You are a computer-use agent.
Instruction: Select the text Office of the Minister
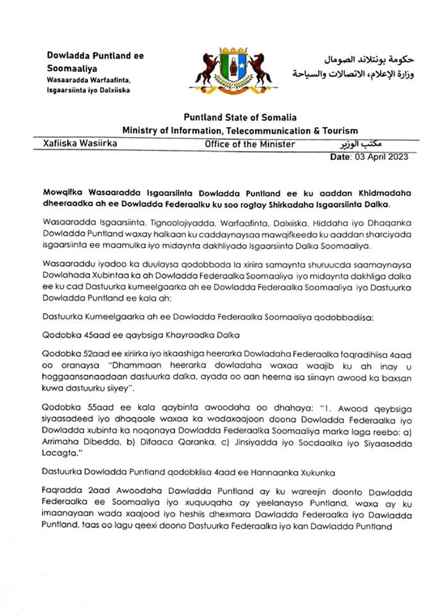pyautogui.click(x=250, y=144)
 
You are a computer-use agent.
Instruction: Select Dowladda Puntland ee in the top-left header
pyautogui.click(x=95, y=56)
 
